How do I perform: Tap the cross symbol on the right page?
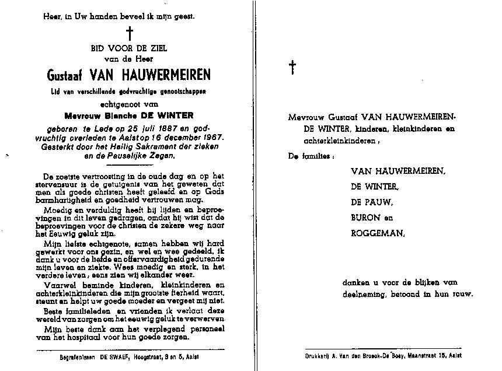point(292,68)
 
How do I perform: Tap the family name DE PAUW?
point(372,202)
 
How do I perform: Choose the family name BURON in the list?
point(365,218)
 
